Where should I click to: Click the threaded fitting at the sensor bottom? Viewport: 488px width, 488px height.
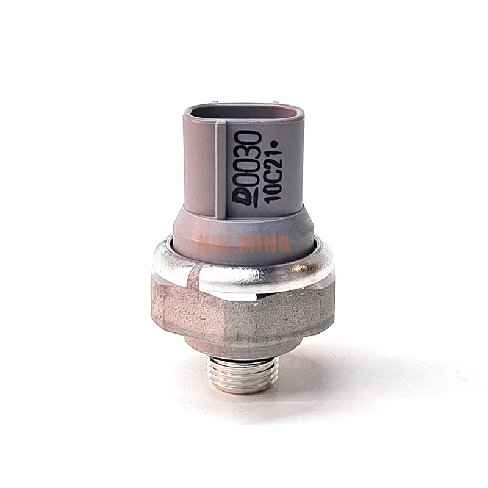click(x=243, y=375)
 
